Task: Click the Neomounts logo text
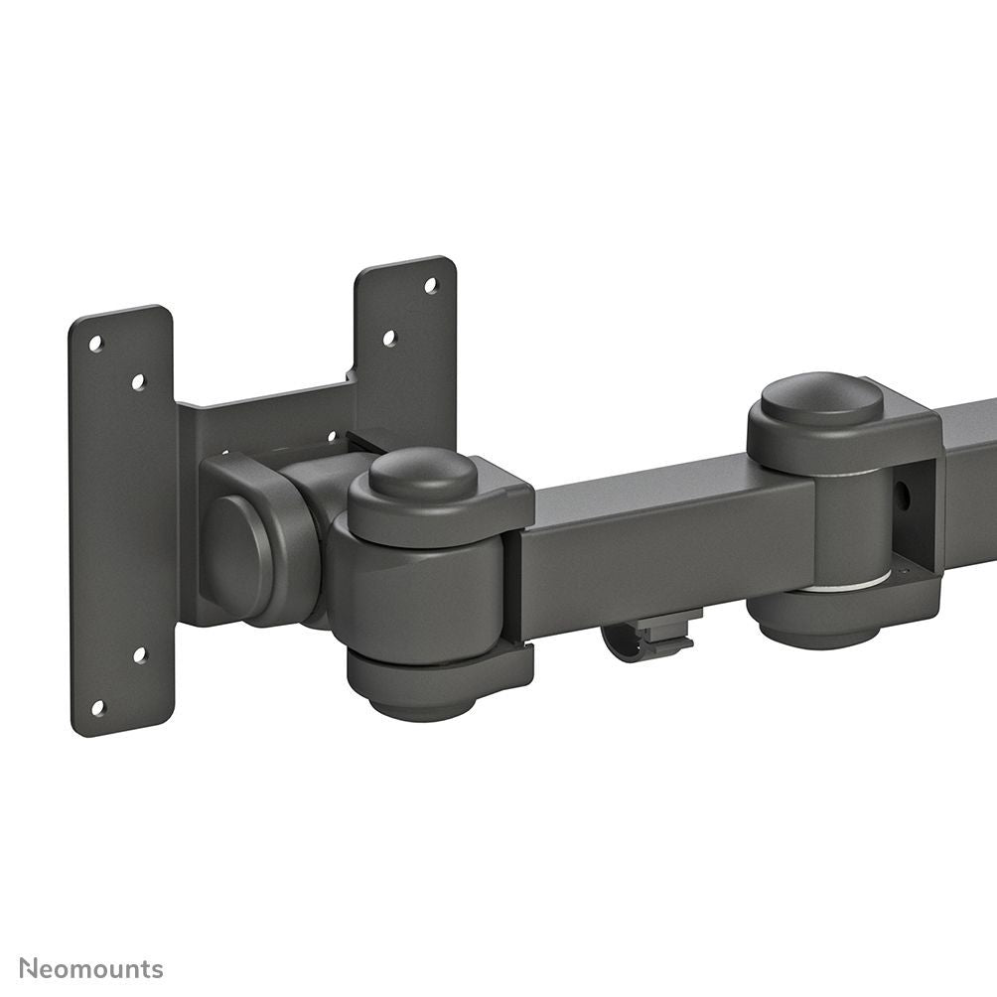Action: pyautogui.click(x=91, y=968)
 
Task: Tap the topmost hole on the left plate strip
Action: pyautogui.click(x=96, y=344)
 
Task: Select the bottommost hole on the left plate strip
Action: pyautogui.click(x=97, y=707)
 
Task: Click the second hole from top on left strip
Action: pyautogui.click(x=138, y=381)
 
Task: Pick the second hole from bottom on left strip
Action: pyautogui.click(x=139, y=655)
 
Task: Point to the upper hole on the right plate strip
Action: pyautogui.click(x=431, y=285)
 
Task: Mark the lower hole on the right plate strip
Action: pyautogui.click(x=389, y=338)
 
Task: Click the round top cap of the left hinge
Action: pyautogui.click(x=424, y=474)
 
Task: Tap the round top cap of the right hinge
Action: pyautogui.click(x=821, y=399)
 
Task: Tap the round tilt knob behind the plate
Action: pyautogui.click(x=238, y=542)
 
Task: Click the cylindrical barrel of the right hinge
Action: pyautogui.click(x=849, y=526)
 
